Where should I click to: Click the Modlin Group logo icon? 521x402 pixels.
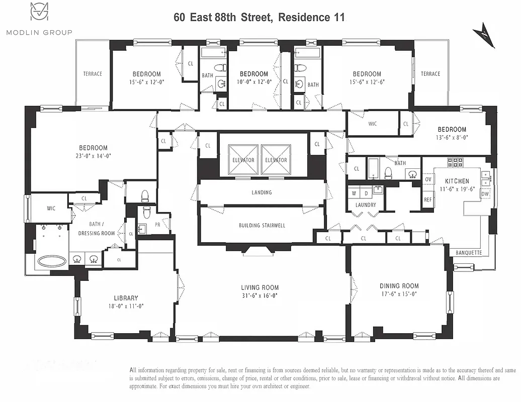coord(39,12)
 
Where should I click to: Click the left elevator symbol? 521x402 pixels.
coord(243,160)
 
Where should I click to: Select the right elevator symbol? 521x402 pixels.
coord(276,160)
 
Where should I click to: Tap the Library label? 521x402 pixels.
coord(126,298)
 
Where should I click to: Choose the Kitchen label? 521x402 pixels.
coord(457,181)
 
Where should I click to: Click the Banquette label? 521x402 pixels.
coord(468,252)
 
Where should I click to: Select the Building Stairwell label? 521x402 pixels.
coord(262,226)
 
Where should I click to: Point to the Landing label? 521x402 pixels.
coord(262,192)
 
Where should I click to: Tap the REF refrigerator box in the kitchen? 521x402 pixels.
coord(427,199)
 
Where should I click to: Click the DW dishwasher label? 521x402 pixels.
coord(485,193)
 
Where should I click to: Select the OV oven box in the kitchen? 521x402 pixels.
coord(428,179)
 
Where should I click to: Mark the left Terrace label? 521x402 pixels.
coord(93,74)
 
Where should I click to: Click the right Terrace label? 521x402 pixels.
coord(430,74)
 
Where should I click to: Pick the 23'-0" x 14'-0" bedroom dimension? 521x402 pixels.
coord(93,156)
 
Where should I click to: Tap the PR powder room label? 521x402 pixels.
coord(157,225)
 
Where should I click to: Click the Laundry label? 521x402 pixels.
coord(365,205)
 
